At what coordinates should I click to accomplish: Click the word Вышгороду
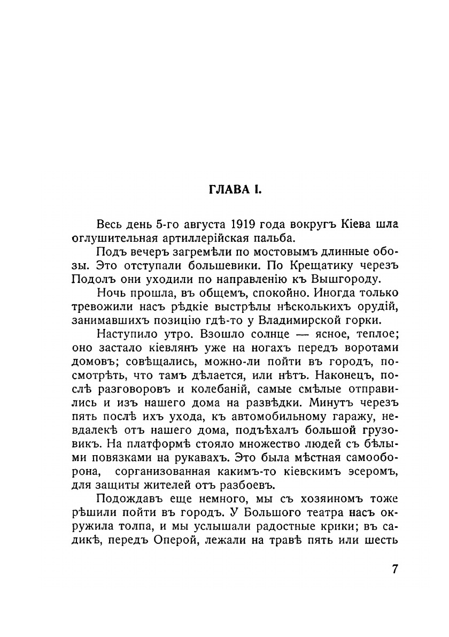tap(347, 279)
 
